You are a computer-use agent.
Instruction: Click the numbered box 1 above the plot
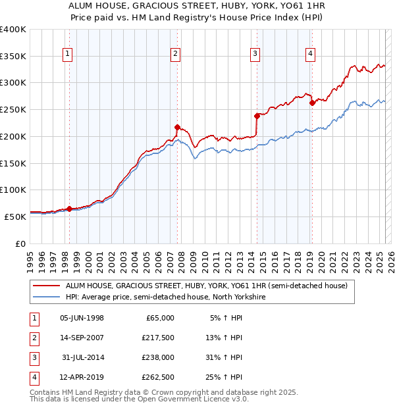(x=68, y=55)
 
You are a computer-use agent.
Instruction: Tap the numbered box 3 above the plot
(x=255, y=55)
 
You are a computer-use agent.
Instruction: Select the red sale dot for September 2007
(x=177, y=127)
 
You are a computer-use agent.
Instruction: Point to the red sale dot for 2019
(x=312, y=103)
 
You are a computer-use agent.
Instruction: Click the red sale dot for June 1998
(x=69, y=209)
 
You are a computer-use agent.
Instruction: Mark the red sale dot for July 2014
(x=257, y=116)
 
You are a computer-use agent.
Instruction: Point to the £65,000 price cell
(x=160, y=318)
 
